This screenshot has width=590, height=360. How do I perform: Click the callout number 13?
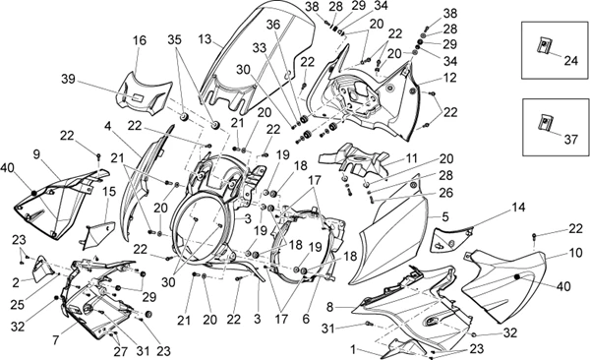click(206, 39)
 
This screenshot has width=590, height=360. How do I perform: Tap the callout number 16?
click(140, 40)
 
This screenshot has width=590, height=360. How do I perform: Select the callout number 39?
click(69, 80)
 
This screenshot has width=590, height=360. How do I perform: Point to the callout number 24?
click(571, 60)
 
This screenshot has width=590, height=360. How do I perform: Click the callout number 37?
click(570, 140)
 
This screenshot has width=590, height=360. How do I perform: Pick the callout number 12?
click(450, 78)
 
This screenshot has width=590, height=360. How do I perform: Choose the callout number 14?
click(518, 208)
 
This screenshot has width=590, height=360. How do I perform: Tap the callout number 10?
click(575, 253)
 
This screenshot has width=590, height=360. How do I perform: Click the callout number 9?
click(36, 155)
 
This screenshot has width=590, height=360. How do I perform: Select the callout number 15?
click(109, 192)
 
